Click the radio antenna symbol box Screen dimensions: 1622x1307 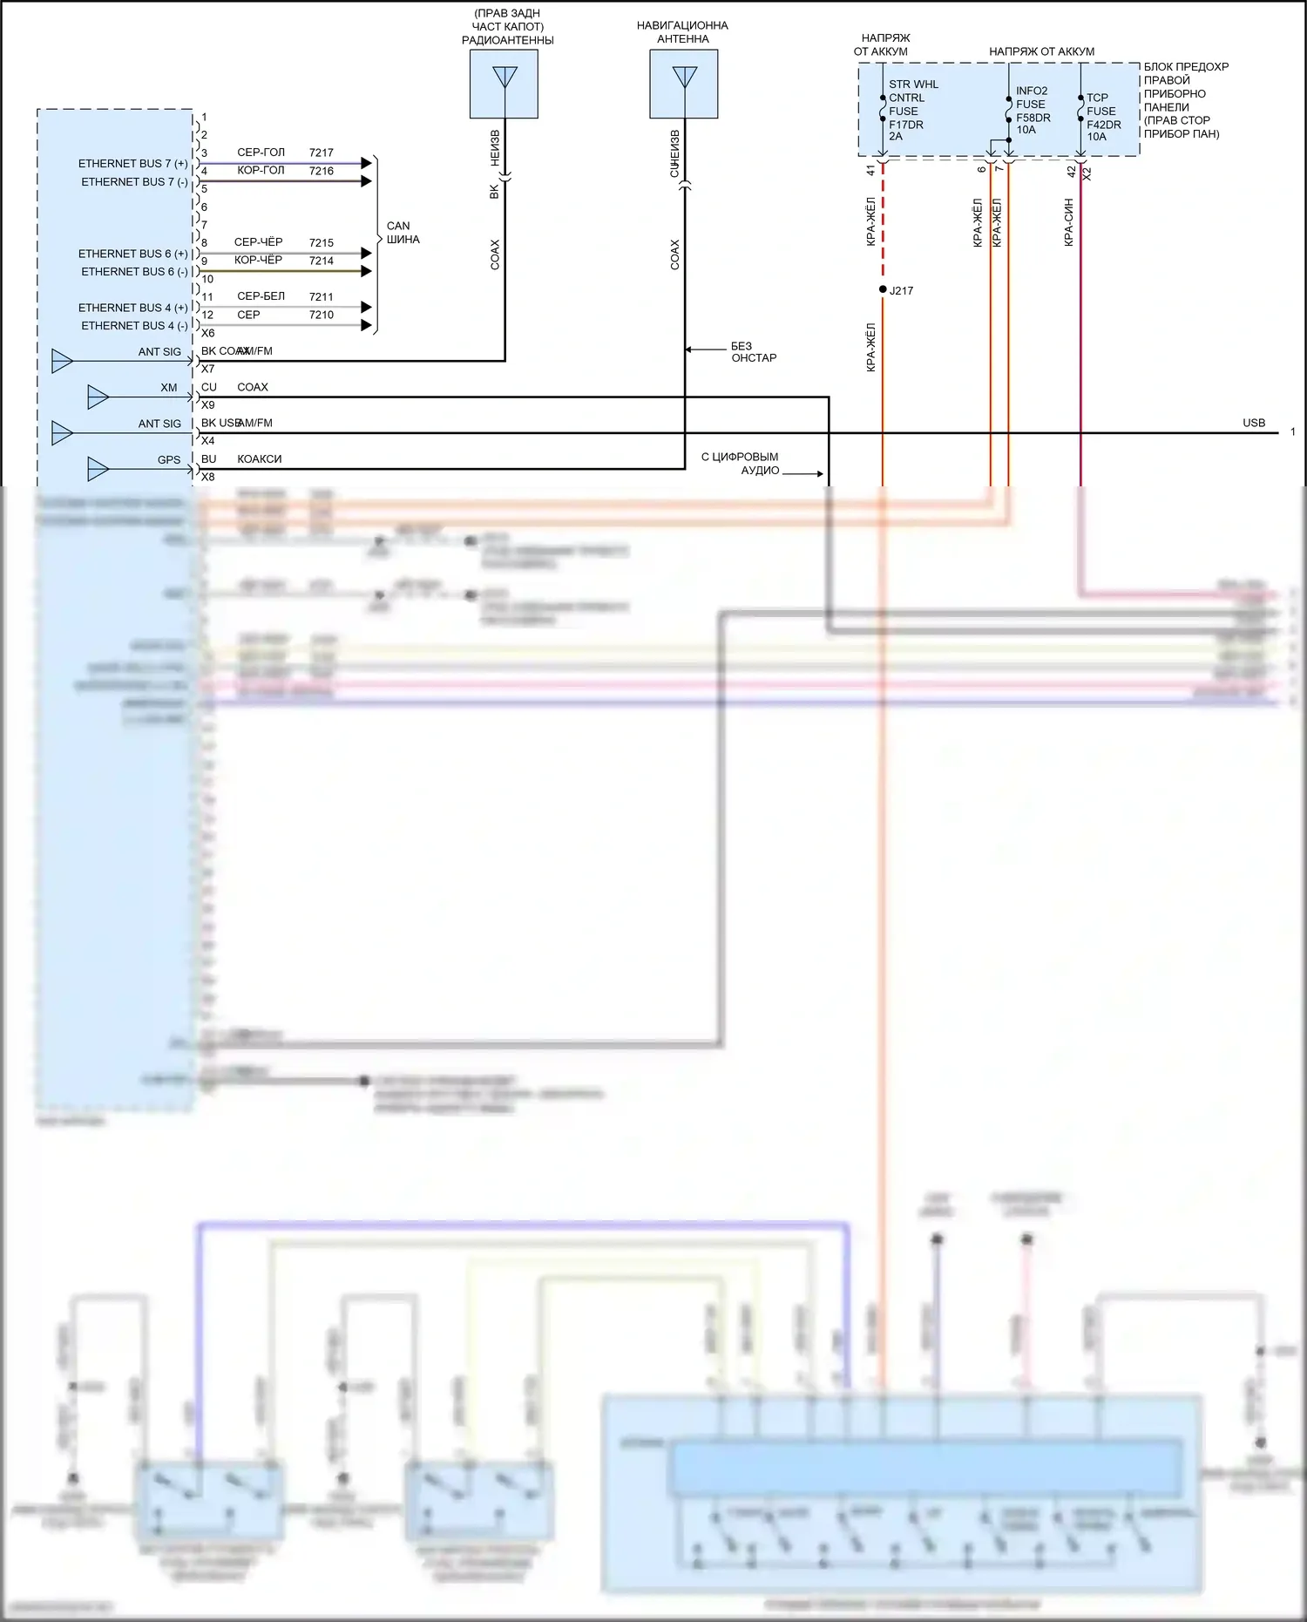click(504, 84)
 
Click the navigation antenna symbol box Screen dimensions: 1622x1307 click(684, 84)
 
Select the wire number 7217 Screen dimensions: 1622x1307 click(322, 153)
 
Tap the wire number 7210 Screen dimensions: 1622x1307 click(322, 315)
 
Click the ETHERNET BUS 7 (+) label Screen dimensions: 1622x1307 click(132, 164)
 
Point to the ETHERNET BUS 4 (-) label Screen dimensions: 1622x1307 click(134, 326)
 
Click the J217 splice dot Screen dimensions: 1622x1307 click(883, 289)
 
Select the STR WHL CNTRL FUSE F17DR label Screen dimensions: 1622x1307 click(912, 110)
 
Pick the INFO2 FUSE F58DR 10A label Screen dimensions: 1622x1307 click(1033, 110)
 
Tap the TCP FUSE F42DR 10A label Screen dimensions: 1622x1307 click(1102, 117)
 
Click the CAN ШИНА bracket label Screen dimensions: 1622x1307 click(403, 233)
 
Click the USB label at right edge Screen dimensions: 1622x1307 click(1253, 423)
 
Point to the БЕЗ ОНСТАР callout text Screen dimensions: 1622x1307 click(753, 352)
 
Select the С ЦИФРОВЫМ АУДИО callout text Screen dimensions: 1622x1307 click(741, 463)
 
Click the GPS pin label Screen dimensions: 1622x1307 click(169, 460)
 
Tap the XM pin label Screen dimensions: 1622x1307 click(169, 388)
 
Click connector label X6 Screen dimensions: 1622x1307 click(207, 333)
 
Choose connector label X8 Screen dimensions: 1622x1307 click(207, 477)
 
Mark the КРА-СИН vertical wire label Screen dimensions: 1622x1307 click(1068, 222)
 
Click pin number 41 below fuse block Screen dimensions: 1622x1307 click(870, 171)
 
